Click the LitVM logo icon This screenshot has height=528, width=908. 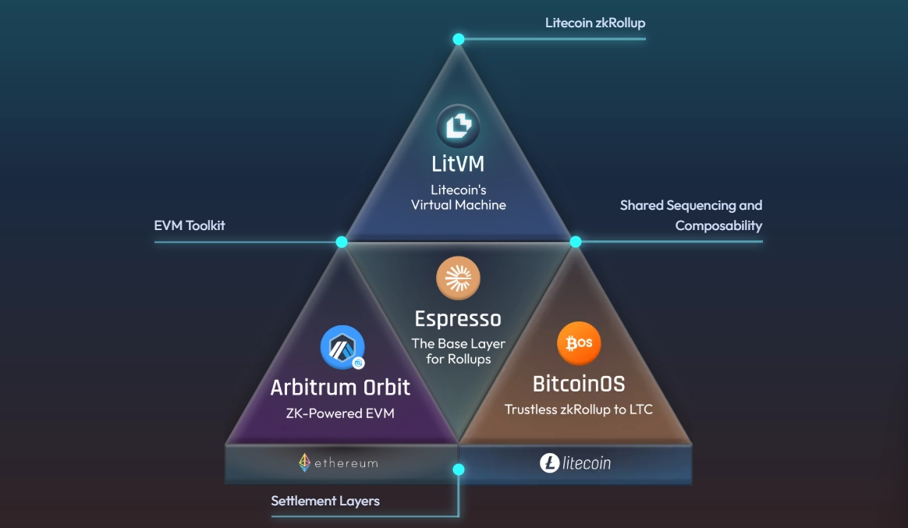pos(458,126)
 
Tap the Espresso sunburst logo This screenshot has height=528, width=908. pos(458,278)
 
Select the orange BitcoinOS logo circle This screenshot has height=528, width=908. pos(579,344)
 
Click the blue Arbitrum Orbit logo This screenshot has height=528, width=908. pos(342,347)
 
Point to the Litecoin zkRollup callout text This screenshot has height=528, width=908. pos(595,23)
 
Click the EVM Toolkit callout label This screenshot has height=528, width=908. pos(190,226)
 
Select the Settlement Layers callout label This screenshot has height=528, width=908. pos(325,501)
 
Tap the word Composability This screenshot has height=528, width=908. pos(718,225)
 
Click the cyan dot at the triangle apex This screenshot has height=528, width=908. pos(459,39)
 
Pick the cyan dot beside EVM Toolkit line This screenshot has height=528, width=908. pos(342,242)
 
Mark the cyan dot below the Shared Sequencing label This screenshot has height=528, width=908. pos(576,242)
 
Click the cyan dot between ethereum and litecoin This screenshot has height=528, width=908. pos(459,470)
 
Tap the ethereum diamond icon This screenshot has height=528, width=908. pos(304,463)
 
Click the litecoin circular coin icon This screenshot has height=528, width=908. pos(550,463)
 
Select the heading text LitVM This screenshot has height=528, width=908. pos(458,165)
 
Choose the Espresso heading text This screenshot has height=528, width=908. pos(458,318)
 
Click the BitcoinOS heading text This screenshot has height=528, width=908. pos(579,384)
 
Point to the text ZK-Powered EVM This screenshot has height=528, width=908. pos(340,413)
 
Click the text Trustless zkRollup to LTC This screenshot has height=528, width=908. pos(578,409)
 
